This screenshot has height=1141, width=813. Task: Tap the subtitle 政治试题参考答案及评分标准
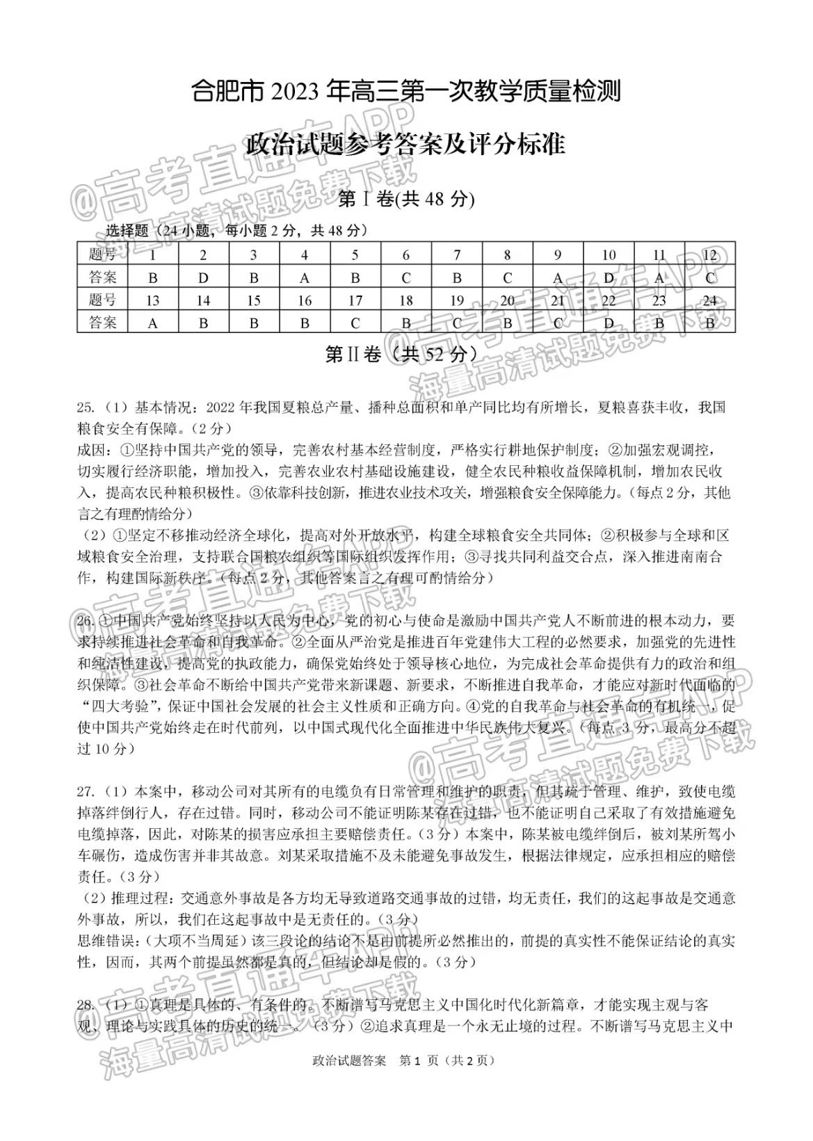point(406,145)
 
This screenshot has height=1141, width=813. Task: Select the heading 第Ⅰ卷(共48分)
point(406,200)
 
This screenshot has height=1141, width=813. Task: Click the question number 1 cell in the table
point(153,254)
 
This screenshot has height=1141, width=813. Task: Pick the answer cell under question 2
point(203,277)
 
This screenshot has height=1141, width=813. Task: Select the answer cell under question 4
point(305,277)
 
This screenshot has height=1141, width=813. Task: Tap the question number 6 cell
point(406,254)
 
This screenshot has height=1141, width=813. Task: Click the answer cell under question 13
point(153,323)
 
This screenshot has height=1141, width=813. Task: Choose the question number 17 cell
point(355,300)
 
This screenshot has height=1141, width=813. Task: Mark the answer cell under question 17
point(355,323)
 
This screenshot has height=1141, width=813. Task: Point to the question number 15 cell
point(254,300)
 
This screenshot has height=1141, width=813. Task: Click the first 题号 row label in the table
point(103,254)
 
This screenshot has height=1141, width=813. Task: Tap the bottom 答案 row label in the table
point(103,323)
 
